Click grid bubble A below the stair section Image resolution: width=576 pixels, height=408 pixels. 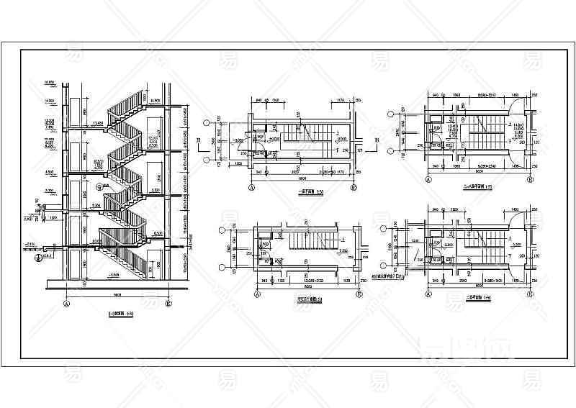click(x=67, y=304)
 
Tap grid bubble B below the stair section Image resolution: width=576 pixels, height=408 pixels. click(x=168, y=304)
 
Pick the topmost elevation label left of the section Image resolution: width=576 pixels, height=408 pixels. click(x=51, y=81)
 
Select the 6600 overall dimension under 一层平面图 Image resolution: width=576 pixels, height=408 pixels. click(x=302, y=179)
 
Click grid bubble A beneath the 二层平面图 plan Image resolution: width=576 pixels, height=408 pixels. click(x=426, y=294)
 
